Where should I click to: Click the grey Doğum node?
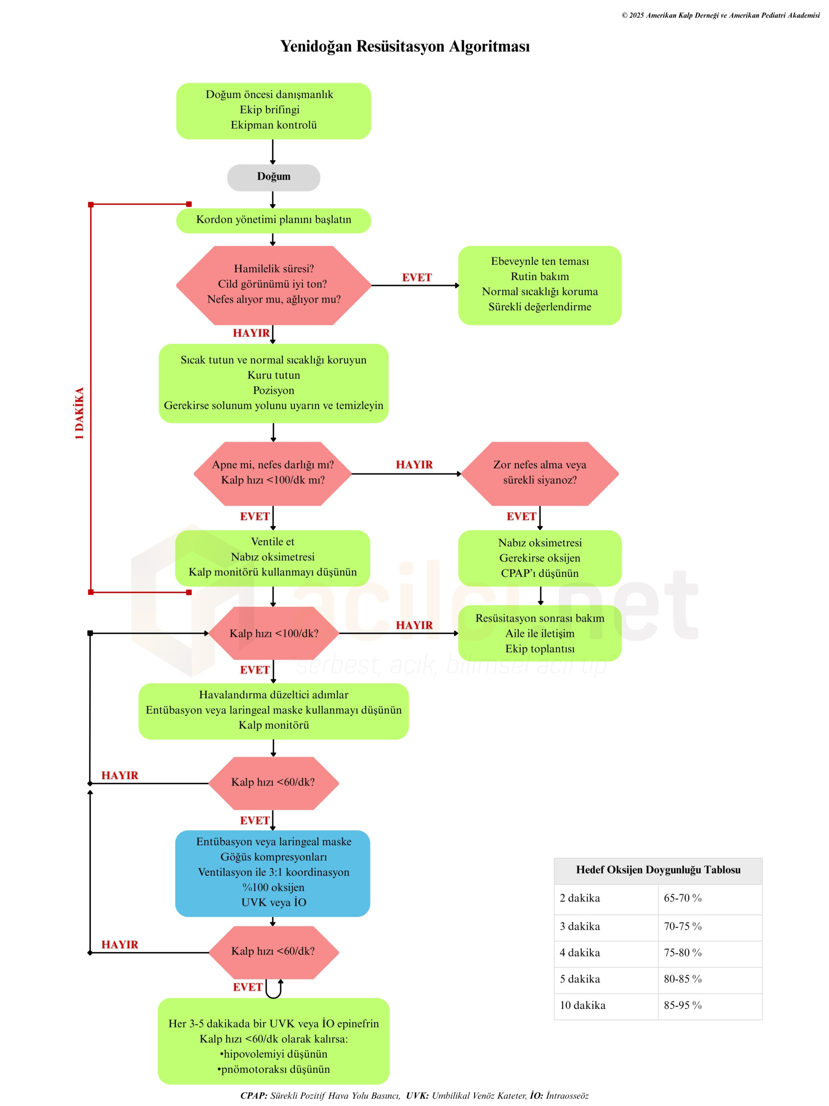[x=273, y=177]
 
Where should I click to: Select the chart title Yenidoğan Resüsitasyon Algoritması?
[x=405, y=46]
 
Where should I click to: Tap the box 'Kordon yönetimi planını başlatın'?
[x=273, y=220]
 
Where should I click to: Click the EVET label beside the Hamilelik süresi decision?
[x=416, y=277]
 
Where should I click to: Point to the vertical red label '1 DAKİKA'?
[x=79, y=413]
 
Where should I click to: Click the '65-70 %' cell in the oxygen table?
[x=682, y=898]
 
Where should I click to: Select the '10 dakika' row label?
[x=582, y=1005]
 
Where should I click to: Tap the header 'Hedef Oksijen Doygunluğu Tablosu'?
[x=658, y=870]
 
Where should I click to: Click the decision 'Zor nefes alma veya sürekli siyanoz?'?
[x=539, y=473]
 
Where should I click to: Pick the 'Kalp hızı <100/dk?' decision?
[x=273, y=633]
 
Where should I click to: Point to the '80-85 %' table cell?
[x=682, y=979]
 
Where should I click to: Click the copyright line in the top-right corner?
[x=720, y=16]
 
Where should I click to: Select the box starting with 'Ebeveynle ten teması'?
[x=539, y=285]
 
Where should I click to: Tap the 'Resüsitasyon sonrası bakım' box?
[x=539, y=633]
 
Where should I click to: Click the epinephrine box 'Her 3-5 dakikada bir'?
[x=273, y=1046]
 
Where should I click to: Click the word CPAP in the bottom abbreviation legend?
[x=254, y=1096]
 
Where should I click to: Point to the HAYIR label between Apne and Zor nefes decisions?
[x=414, y=464]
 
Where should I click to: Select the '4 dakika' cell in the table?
[x=579, y=953]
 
